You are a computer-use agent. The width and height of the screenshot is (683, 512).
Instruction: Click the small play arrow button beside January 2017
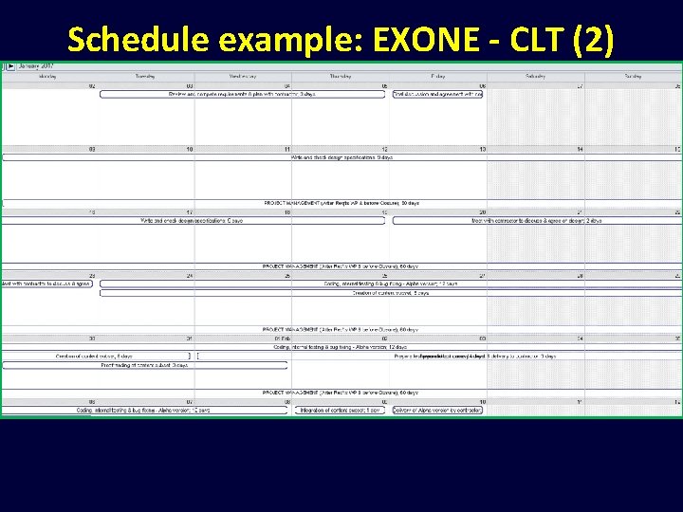click(10, 66)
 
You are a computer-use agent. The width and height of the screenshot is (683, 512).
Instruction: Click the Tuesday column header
click(145, 76)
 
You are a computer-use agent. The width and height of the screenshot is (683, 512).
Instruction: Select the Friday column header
click(437, 76)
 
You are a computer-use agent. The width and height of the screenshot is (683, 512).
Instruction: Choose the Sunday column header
click(633, 76)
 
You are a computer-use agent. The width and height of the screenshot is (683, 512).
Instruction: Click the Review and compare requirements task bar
click(242, 94)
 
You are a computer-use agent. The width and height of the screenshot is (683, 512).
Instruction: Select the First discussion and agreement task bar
click(437, 94)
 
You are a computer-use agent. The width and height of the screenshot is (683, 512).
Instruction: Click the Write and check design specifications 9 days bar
click(341, 157)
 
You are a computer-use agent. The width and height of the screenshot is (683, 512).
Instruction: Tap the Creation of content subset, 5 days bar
click(390, 293)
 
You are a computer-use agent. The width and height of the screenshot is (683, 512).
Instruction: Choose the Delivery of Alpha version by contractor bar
click(437, 410)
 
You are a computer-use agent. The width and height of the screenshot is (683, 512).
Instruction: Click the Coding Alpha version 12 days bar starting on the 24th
click(390, 283)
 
